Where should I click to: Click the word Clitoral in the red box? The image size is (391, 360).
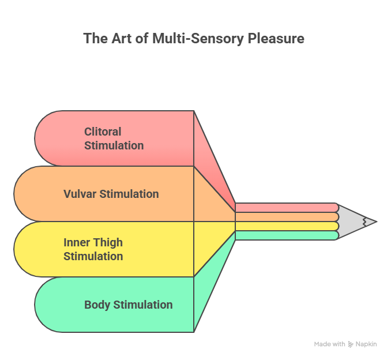coord(103,132)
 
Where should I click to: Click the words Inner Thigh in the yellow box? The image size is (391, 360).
coord(93,242)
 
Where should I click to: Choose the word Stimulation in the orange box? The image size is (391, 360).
coord(129,194)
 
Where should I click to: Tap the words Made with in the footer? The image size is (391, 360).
coord(330,344)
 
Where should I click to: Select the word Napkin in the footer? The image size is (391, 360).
coord(366,344)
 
